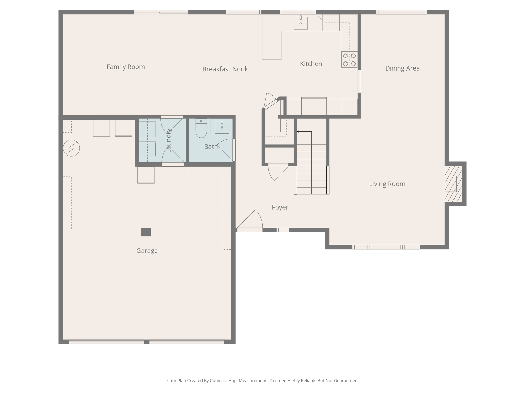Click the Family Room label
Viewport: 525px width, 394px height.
pos(126,67)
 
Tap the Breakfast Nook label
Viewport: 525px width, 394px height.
pos(225,69)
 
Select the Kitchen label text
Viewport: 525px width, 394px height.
pos(311,64)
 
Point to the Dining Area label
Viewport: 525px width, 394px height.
pos(402,68)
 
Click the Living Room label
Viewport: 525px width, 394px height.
pos(387,184)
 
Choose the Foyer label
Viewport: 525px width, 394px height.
pos(280,207)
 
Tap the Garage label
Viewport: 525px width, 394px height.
pos(147,251)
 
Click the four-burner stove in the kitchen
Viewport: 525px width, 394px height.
pos(349,60)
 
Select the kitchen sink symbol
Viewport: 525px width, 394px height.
pos(300,23)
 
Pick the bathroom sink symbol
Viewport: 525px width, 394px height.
pos(222,127)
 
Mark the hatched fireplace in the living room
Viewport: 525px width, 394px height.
pos(453,184)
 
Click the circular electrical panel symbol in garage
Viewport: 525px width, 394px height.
pos(72,148)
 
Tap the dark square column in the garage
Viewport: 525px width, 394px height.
pos(146,232)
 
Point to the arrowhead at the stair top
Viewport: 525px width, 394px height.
pos(298,132)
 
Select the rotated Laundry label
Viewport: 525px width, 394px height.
pos(168,141)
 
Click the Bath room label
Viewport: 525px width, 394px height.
pos(211,147)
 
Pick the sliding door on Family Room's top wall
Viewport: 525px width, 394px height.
pos(161,12)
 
